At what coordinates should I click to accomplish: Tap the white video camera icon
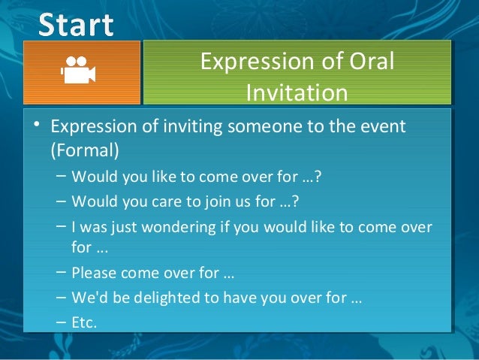(x=78, y=72)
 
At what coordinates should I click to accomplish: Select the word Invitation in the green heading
(x=297, y=92)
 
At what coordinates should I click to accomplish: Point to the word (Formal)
(x=85, y=150)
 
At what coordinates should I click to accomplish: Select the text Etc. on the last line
(x=84, y=322)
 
